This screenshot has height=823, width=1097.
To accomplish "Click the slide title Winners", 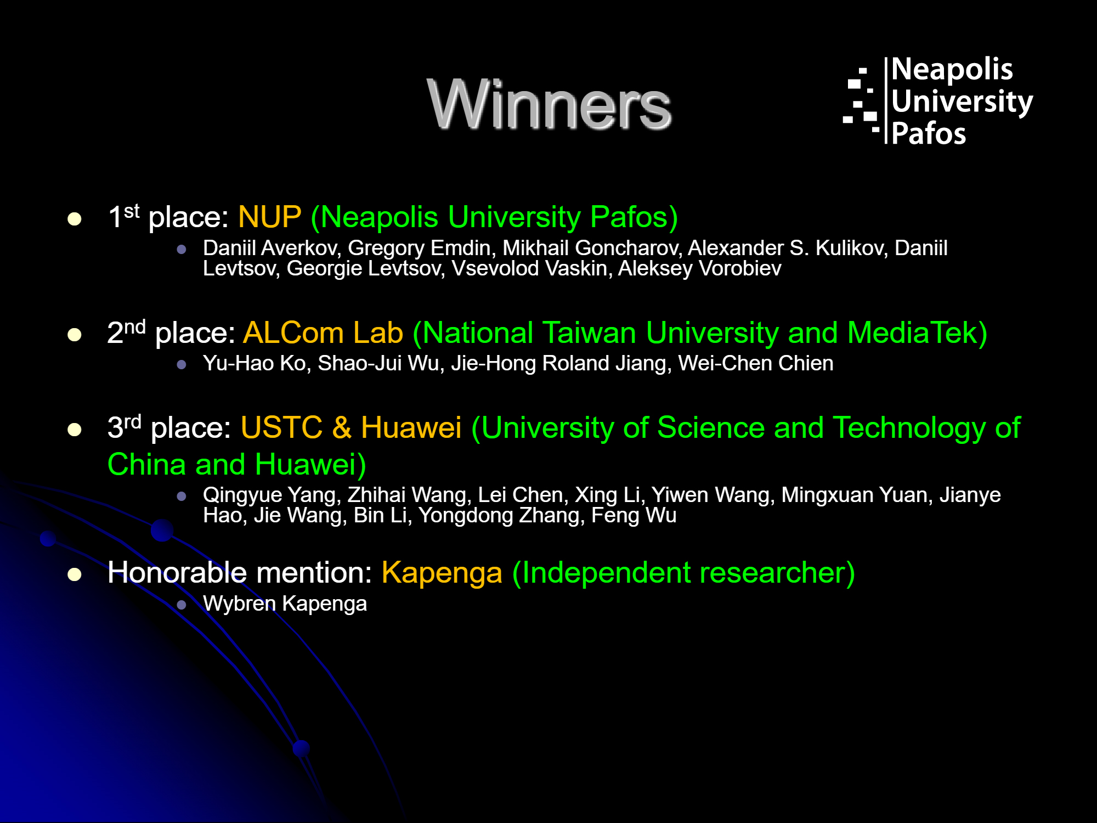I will coord(549,104).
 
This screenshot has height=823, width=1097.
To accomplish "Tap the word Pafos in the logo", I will coord(928,134).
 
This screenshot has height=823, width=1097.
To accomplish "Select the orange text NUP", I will coord(270,217).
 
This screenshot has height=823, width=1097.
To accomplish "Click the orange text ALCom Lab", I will coord(323,333).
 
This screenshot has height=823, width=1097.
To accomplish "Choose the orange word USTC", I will coord(281,428).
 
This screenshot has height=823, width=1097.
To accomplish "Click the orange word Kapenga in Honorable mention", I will coord(442,573).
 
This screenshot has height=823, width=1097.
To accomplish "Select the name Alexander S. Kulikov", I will coord(788,248).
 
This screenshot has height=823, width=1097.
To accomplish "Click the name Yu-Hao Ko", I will coord(254,363).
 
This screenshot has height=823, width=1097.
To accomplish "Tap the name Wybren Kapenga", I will coord(285,604).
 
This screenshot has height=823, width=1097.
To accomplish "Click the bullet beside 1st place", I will coord(75,219).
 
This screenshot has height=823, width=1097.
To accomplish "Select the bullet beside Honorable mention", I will coord(75,574).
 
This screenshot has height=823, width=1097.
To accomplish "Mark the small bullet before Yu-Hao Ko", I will coord(182,364).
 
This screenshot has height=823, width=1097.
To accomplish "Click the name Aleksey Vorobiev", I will coord(699,268).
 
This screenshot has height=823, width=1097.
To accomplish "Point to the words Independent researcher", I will coord(683,573).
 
